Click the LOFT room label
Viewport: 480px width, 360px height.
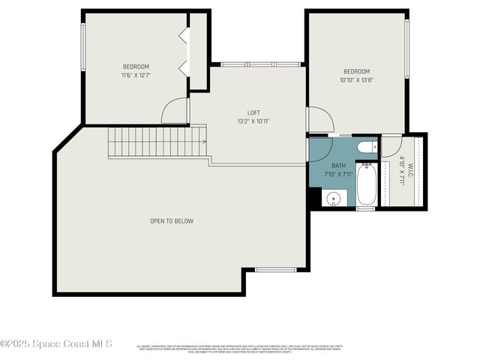[x=253, y=112]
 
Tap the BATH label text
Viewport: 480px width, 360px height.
[x=338, y=166]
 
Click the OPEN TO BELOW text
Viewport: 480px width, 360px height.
[x=172, y=221]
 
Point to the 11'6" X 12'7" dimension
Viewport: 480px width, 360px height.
[x=136, y=75]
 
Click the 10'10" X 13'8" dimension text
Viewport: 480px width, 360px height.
[x=356, y=80]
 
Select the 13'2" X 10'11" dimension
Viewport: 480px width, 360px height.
[x=253, y=121]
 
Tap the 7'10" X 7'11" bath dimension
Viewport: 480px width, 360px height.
[x=338, y=174]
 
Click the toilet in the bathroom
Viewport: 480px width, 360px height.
[x=365, y=147]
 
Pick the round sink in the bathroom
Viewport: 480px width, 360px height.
[x=334, y=199]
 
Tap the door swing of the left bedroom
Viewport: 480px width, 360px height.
[x=175, y=112]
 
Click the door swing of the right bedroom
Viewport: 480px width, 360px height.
[x=319, y=120]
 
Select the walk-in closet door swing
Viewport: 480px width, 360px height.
[x=391, y=145]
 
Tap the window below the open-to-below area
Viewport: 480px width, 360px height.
[x=276, y=269]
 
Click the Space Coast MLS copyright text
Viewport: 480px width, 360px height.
[x=56, y=344]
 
